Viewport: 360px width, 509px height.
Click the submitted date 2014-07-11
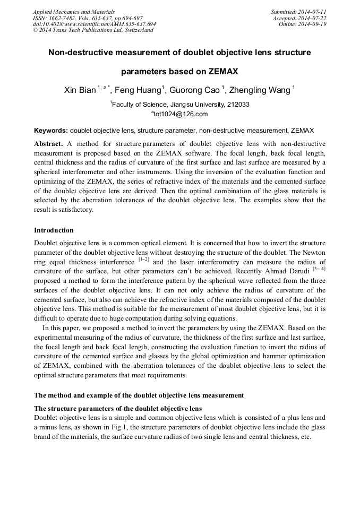pyautogui.click(x=313, y=12)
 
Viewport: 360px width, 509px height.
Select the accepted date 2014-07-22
pyautogui.click(x=313, y=18)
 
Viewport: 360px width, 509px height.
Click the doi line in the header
pyautogui.click(x=94, y=24)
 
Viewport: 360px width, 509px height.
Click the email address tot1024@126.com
pyautogui.click(x=181, y=114)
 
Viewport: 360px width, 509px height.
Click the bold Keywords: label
pyautogui.click(x=51, y=130)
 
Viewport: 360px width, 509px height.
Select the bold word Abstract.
pyautogui.click(x=48, y=144)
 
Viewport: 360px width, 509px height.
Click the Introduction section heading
pyautogui.click(x=54, y=230)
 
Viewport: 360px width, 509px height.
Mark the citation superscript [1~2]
pyautogui.click(x=143, y=260)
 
